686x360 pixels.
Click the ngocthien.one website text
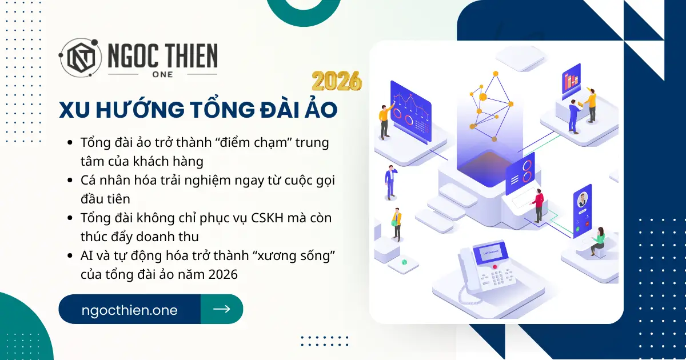click(130, 310)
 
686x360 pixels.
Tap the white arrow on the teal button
click(222, 309)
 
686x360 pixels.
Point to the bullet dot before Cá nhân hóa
click(70, 180)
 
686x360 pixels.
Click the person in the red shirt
click(538, 204)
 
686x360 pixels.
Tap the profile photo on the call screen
click(583, 199)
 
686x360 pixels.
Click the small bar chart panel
click(571, 80)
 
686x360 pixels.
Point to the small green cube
click(404, 262)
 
